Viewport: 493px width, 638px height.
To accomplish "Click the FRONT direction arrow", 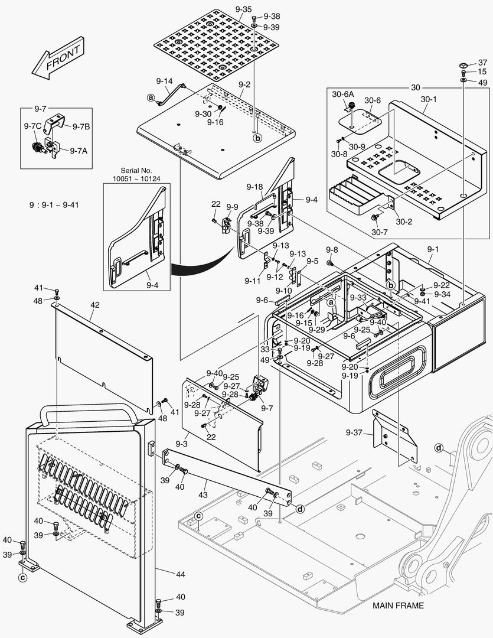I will (x=56, y=60).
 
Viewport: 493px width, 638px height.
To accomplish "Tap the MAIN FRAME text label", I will (x=398, y=606).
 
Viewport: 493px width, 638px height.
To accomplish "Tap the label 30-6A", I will (x=343, y=94).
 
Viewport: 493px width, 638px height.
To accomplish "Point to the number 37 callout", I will (x=482, y=63).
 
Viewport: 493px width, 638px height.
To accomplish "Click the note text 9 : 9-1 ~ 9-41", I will (x=54, y=205).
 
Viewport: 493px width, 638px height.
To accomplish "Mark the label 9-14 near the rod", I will (x=164, y=81).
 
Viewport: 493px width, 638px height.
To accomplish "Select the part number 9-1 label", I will (x=433, y=250).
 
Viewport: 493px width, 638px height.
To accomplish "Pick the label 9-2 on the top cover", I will (x=244, y=84).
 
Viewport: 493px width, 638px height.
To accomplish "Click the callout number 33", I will (x=265, y=349).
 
